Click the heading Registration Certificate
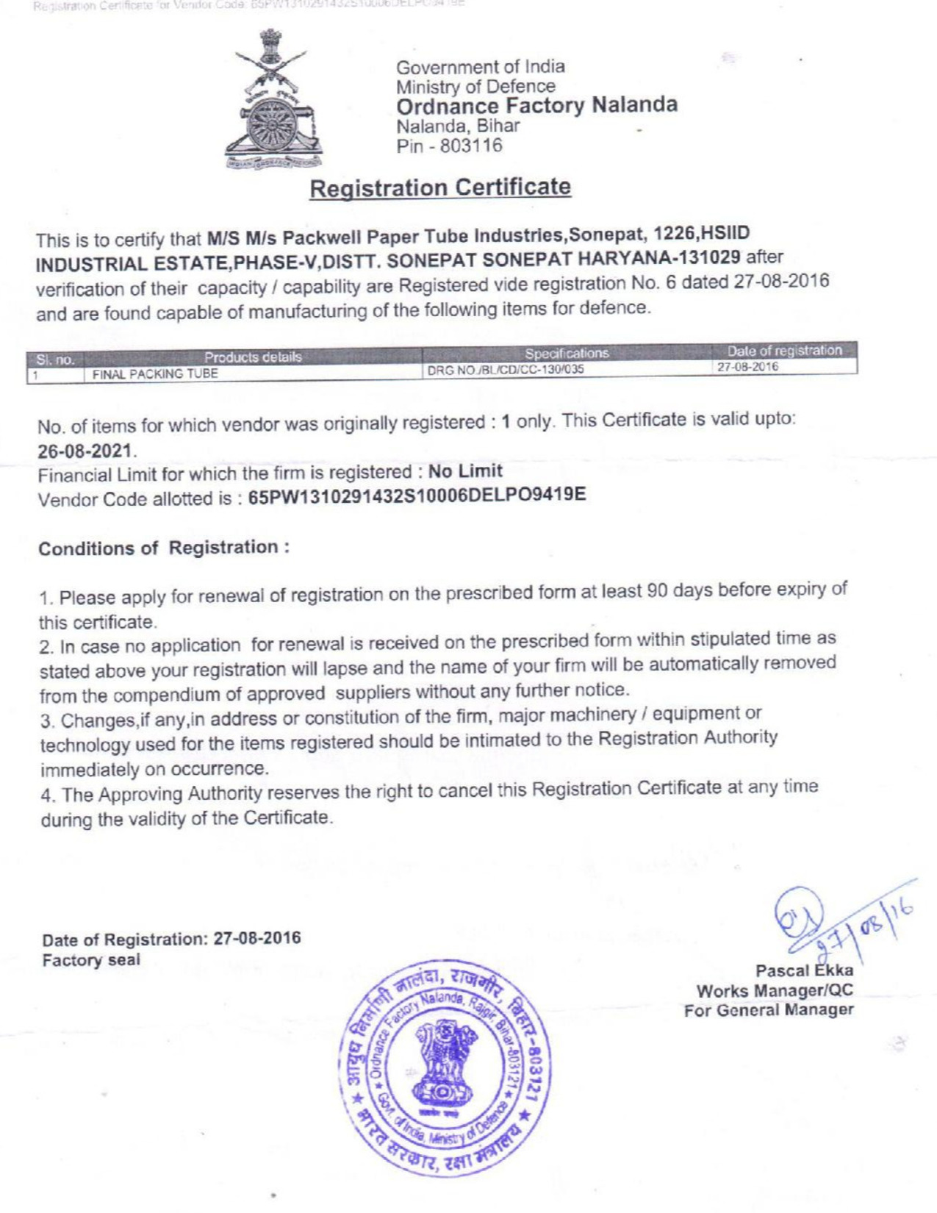tap(439, 187)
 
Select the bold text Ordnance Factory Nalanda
tap(536, 104)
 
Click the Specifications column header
tap(567, 353)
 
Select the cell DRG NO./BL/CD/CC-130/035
tap(506, 369)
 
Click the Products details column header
tap(253, 357)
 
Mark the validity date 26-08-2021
tap(86, 449)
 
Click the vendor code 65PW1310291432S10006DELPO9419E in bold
tap(417, 494)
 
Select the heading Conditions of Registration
tap(162, 548)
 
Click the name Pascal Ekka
tap(804, 970)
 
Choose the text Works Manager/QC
tap(775, 990)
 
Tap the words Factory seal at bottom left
tap(91, 960)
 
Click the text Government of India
tap(481, 67)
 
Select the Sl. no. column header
tap(55, 360)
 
